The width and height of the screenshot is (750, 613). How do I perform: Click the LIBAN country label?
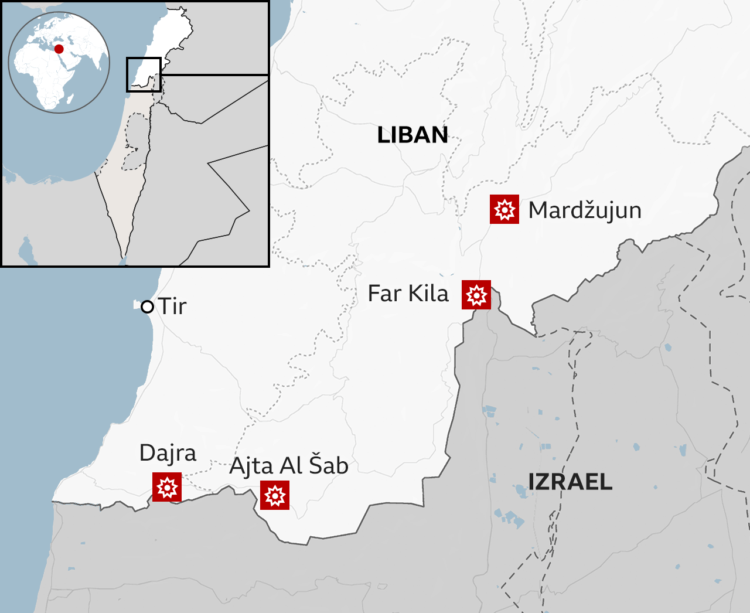coord(412,135)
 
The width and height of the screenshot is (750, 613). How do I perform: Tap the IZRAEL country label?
coord(570,482)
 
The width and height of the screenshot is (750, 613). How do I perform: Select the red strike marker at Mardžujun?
coord(504,209)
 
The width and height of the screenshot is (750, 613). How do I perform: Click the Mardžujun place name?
coord(585,210)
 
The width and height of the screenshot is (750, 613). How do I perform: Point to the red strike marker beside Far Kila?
coord(476,294)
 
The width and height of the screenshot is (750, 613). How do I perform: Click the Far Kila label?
coord(408,294)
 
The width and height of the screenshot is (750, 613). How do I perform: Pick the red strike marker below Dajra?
coord(167,487)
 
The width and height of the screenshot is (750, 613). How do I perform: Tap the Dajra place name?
coord(168,453)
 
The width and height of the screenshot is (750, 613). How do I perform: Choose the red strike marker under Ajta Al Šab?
coord(275,495)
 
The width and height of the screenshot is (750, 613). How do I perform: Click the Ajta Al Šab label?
coord(289,466)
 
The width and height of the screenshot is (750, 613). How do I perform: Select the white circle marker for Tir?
coord(148,306)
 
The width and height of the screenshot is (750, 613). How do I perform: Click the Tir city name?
coord(173,306)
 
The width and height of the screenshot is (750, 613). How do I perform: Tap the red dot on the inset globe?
coord(59,49)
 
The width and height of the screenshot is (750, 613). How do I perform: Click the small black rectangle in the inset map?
coord(144,74)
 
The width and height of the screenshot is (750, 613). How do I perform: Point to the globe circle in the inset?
coord(59,62)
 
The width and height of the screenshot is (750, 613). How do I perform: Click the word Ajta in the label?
coord(251,466)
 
